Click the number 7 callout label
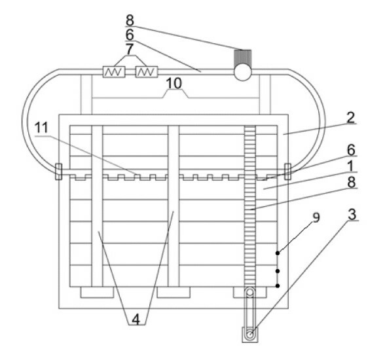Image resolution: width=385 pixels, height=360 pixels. [129, 49]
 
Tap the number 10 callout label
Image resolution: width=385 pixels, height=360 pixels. [174, 83]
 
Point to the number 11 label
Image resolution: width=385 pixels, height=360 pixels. [41, 128]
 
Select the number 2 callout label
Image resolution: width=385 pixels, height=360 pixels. [350, 117]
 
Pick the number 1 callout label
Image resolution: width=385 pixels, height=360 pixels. [351, 166]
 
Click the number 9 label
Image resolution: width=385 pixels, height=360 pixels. [316, 217]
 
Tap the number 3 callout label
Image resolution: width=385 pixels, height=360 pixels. [352, 215]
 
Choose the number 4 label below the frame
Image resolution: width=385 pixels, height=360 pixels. [136, 319]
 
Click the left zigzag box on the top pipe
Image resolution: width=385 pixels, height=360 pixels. [114, 72]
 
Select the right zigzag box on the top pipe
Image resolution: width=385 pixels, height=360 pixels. [147, 72]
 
